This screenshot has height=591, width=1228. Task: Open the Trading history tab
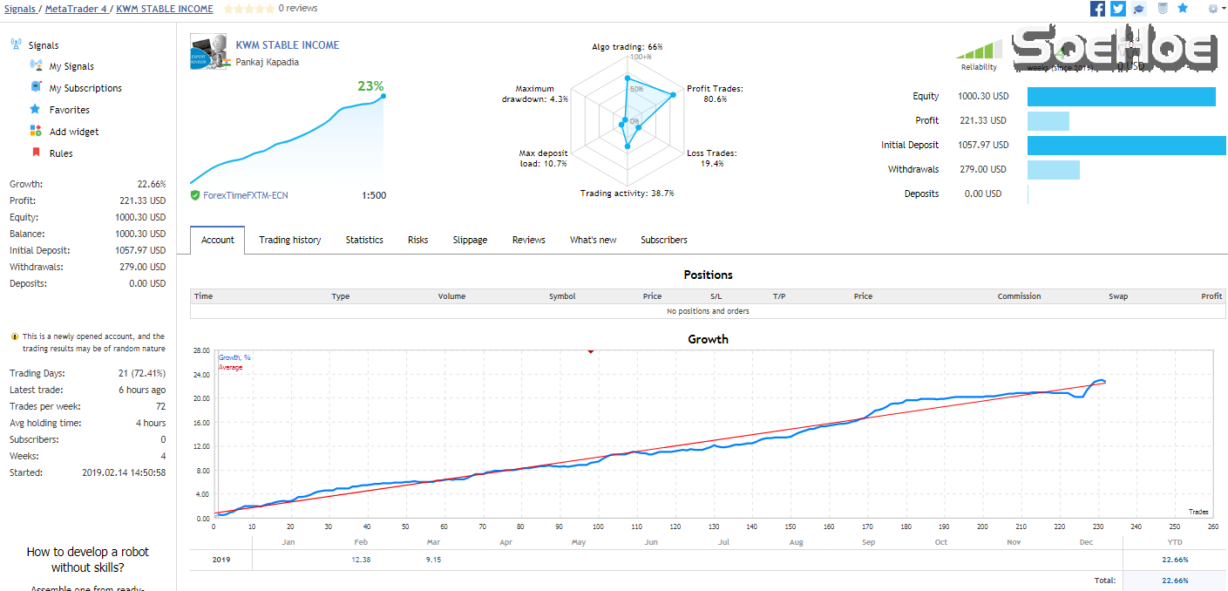point(289,240)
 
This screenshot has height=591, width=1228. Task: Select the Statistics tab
point(364,240)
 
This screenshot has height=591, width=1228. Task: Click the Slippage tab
point(470,240)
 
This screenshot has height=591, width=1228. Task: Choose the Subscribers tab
point(663,240)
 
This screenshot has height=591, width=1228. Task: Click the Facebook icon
point(1097,9)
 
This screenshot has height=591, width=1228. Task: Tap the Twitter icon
point(1118,9)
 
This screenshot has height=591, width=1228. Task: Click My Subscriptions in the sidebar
point(85,88)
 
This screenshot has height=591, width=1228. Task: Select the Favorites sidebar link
point(70,110)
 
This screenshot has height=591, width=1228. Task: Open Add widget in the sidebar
point(74,132)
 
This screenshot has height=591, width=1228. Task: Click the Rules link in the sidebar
point(61,153)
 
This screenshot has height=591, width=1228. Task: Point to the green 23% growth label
point(370,85)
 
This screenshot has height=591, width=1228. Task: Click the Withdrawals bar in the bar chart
point(1054,170)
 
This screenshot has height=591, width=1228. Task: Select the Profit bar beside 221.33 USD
point(1048,121)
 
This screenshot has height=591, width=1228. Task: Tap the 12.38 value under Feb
point(361,560)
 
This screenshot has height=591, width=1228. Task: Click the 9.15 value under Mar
point(433,560)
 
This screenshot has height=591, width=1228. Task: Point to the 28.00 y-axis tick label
point(201,350)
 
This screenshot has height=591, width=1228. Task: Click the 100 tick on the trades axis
point(598,526)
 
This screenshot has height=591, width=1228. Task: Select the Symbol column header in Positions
point(562,296)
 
